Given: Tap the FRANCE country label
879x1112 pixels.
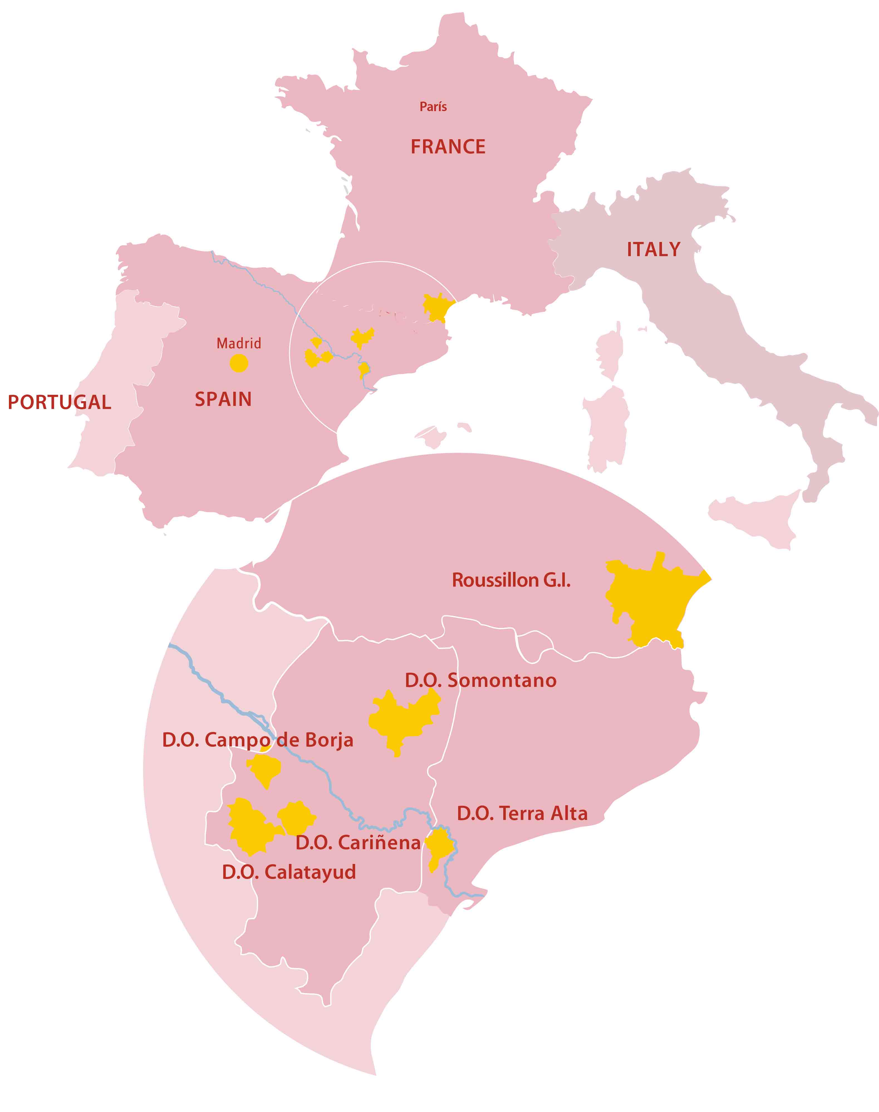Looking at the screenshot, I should pyautogui.click(x=448, y=147).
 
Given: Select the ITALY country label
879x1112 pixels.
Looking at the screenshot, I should pyautogui.click(x=653, y=250).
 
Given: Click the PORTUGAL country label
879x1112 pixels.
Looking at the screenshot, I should pyautogui.click(x=59, y=402).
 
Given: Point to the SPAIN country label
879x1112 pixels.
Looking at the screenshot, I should pyautogui.click(x=223, y=400).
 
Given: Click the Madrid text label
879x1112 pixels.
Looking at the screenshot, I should pyautogui.click(x=239, y=343).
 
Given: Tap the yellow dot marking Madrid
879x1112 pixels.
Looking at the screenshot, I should pyautogui.click(x=239, y=363).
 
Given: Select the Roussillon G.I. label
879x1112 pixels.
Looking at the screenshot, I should pyautogui.click(x=511, y=580).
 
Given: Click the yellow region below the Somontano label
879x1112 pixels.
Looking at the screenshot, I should pyautogui.click(x=401, y=718).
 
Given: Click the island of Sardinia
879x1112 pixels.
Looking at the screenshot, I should pyautogui.click(x=607, y=427).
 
